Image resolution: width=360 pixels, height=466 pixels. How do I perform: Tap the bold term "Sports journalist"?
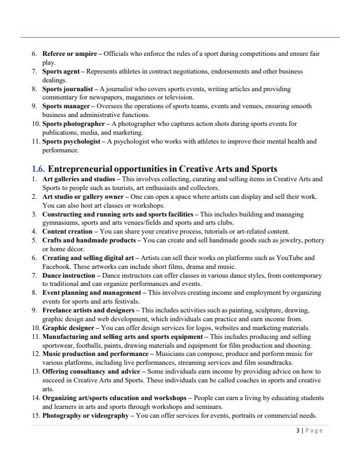click(x=67, y=88)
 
